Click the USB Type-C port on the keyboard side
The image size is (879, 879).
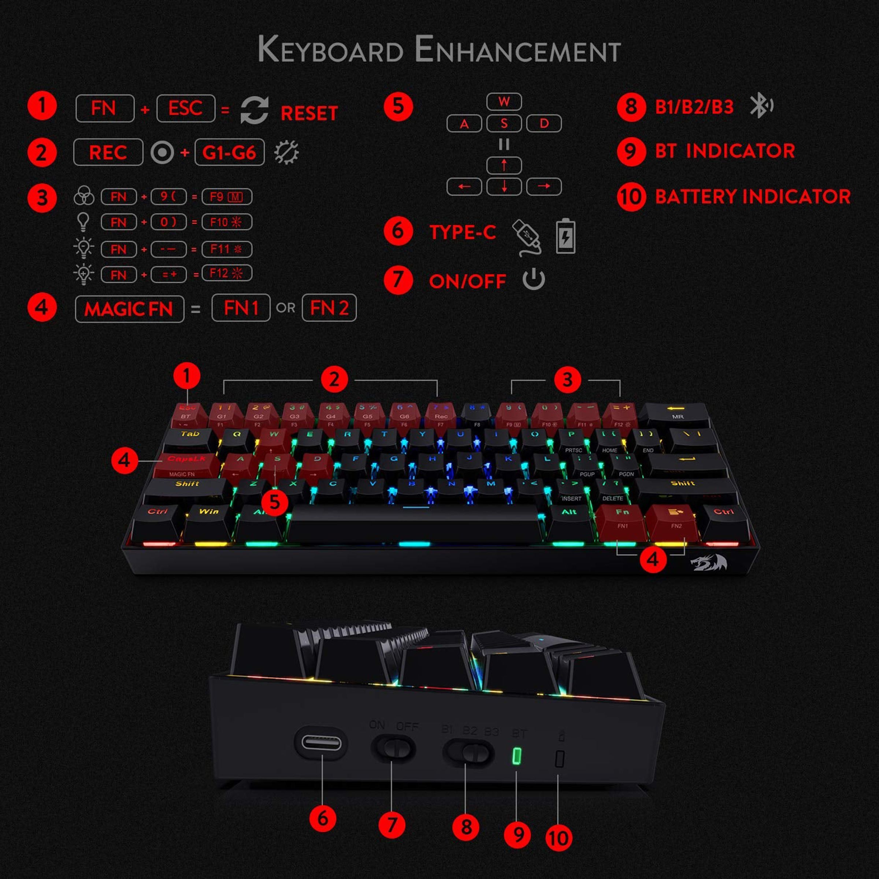(321, 743)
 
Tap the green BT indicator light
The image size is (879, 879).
(517, 757)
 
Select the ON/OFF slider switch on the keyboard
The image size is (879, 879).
(393, 748)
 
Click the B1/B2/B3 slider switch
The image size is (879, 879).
(467, 751)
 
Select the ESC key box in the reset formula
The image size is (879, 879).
(186, 108)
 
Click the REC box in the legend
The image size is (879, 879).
(108, 152)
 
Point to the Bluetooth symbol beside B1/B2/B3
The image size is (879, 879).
(761, 105)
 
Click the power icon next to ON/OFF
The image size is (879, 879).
(534, 279)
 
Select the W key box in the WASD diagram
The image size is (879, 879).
(504, 101)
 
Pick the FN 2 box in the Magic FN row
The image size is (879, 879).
(329, 308)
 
